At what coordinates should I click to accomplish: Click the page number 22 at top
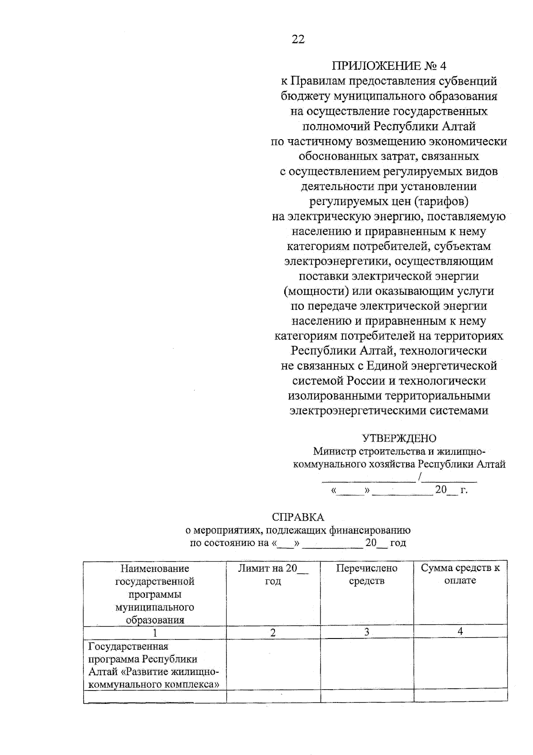[x=298, y=40]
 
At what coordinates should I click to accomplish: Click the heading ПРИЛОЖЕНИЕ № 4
[x=389, y=66]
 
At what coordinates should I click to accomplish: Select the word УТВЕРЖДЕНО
[x=399, y=438]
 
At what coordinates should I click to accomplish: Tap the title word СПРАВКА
[x=298, y=517]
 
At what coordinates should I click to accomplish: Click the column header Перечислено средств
[x=366, y=574]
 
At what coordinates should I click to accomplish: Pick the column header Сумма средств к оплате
[x=460, y=574]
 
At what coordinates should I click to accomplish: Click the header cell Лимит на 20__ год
[x=273, y=574]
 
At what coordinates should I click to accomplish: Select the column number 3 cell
[x=367, y=632]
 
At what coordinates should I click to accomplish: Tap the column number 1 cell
[x=155, y=633]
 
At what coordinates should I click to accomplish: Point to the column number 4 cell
[x=460, y=631]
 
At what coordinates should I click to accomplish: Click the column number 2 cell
[x=273, y=632]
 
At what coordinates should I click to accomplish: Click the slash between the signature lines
[x=419, y=478]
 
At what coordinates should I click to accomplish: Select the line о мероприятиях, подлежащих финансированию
[x=298, y=530]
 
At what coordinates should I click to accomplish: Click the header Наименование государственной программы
[x=155, y=594]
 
